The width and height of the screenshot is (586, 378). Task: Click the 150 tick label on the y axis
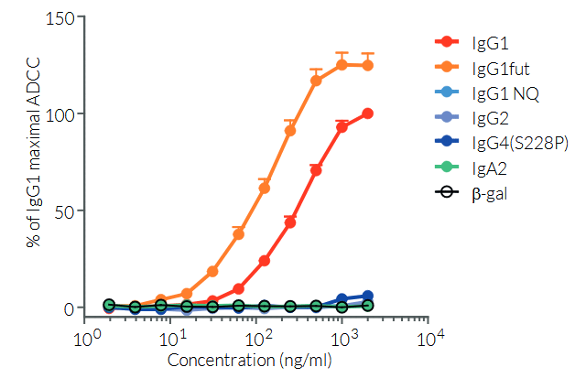click(61, 18)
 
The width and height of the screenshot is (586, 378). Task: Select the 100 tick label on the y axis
click(61, 114)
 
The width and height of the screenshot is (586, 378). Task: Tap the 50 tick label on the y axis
click(65, 211)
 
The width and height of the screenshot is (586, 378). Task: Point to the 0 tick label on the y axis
click(69, 308)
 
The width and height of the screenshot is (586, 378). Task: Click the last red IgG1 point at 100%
click(368, 113)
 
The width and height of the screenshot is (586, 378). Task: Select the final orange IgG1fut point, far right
click(368, 65)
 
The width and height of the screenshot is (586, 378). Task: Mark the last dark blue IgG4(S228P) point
click(368, 296)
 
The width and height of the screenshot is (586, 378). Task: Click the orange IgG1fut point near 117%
click(316, 81)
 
